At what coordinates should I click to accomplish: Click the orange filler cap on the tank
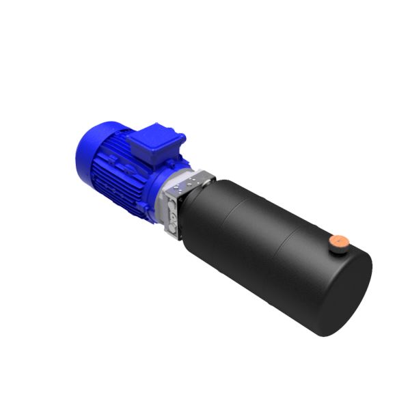tap(339, 241)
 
